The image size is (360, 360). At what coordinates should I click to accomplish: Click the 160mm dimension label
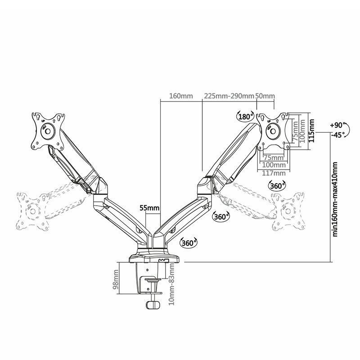(x=180, y=96)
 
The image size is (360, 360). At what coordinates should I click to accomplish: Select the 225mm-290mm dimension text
(x=229, y=96)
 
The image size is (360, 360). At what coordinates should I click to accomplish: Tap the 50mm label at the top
(x=265, y=96)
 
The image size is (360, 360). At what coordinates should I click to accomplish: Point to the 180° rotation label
(x=245, y=117)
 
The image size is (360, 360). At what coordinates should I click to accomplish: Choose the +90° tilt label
(x=336, y=125)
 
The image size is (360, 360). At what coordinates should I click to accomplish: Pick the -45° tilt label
(x=337, y=135)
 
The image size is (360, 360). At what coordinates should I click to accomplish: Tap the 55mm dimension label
(x=149, y=207)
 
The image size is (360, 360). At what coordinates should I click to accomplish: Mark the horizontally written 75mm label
(x=274, y=157)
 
